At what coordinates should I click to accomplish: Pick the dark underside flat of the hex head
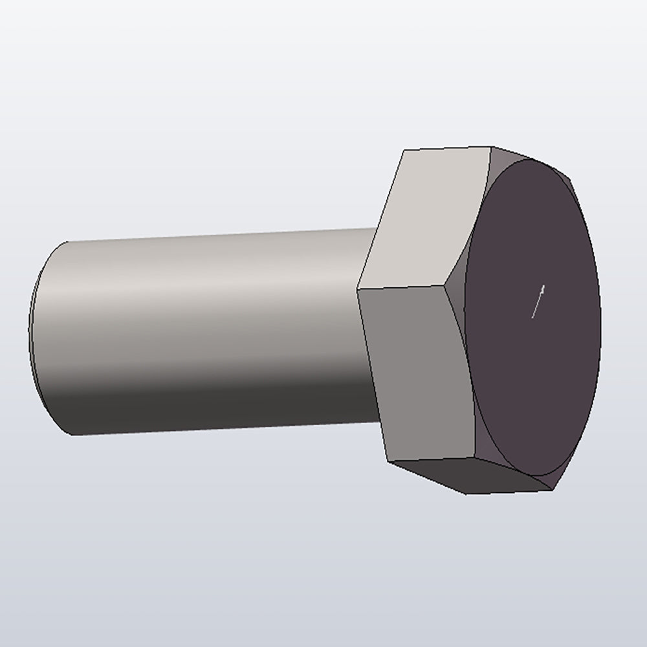(472, 476)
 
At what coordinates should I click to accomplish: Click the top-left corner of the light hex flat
(404, 151)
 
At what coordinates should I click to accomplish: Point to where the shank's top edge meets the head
(375, 228)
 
